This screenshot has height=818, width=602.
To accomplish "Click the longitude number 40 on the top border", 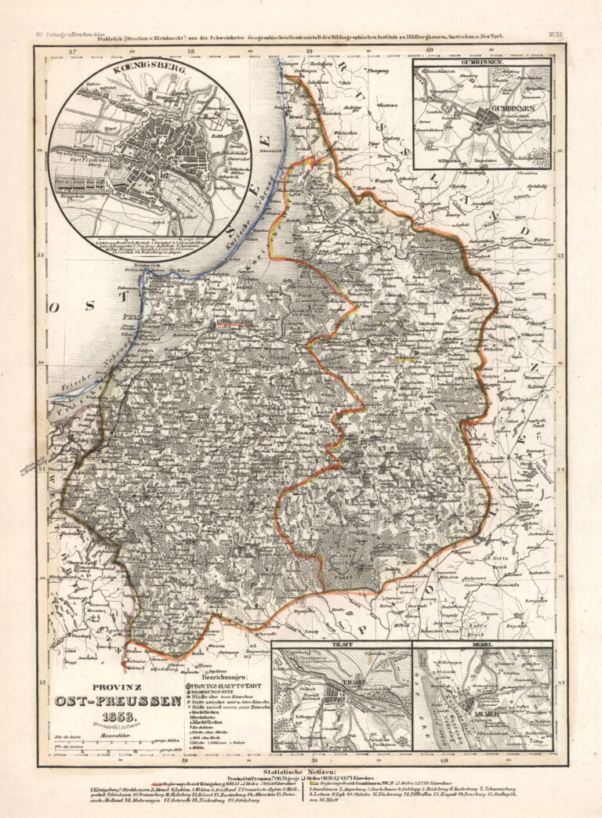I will [429, 49].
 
